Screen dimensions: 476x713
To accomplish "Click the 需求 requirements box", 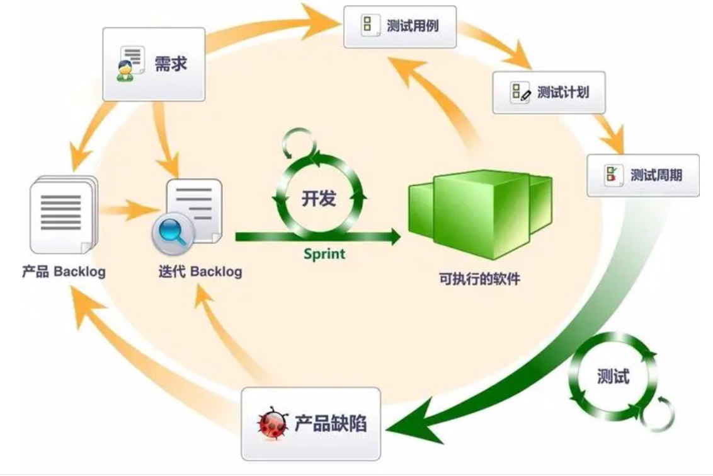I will pos(154,64).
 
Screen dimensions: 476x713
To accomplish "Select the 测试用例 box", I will pos(399,26).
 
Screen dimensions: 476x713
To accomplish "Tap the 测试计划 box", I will pos(548,92).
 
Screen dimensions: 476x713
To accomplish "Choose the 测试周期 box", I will pos(642,175).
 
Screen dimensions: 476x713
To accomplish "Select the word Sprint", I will pos(324,254).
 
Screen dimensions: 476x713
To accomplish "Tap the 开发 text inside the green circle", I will pos(318,199).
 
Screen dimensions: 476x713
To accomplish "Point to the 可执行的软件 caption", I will pos(480,278).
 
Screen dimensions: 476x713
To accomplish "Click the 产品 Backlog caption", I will pos(64,272).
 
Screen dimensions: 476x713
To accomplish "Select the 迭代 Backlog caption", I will pos(200,272).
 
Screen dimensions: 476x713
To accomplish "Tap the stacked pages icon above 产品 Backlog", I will pos(63,214).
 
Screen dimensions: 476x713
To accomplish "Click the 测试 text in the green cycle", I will pos(612,376).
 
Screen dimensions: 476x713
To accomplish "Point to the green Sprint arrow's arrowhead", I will pos(394,237).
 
